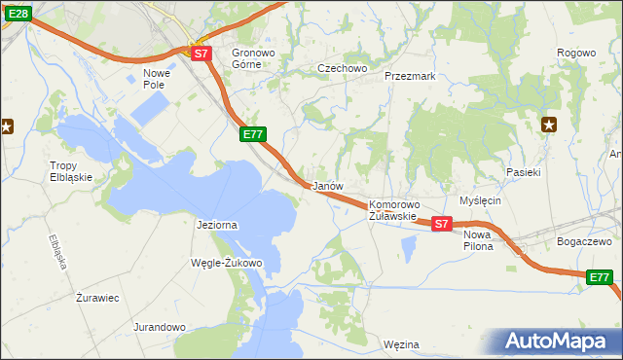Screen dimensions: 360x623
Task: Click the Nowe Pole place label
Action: click(x=156, y=79)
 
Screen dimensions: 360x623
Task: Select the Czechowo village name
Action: click(x=342, y=68)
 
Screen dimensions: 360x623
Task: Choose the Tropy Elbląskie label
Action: click(x=70, y=171)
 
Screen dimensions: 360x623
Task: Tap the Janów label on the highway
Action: click(x=324, y=185)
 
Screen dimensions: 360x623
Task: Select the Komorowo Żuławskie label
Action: click(x=393, y=210)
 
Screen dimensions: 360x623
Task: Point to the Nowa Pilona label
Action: click(x=478, y=240)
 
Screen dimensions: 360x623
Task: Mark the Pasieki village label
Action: click(x=523, y=171)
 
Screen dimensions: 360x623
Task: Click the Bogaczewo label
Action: click(x=582, y=240)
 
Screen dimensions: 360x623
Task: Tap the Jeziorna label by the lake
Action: click(x=216, y=225)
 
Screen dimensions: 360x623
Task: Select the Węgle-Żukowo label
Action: click(x=229, y=263)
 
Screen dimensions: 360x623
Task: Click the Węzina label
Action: click(x=401, y=344)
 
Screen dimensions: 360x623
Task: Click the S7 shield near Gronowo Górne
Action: click(x=201, y=54)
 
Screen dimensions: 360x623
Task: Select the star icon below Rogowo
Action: click(x=549, y=124)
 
